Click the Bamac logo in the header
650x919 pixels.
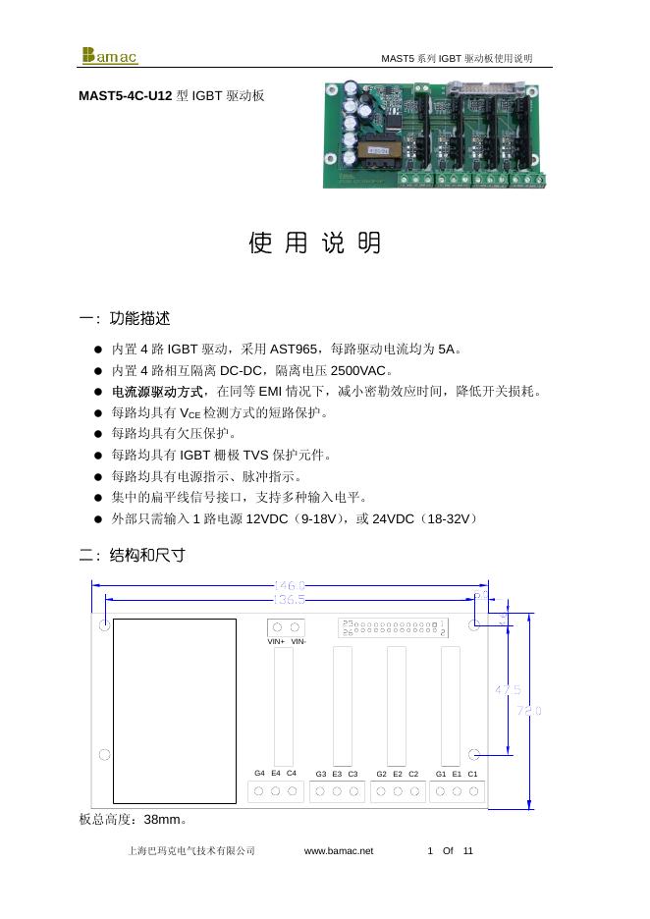click(x=110, y=55)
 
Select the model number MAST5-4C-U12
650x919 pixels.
click(x=126, y=96)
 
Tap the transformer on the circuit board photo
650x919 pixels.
click(x=376, y=151)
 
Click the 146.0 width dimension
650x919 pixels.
click(x=289, y=585)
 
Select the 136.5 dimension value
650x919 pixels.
click(x=289, y=598)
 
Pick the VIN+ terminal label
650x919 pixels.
click(x=276, y=642)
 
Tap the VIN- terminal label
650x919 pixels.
click(x=298, y=642)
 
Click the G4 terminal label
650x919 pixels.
click(x=259, y=773)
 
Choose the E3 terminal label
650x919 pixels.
click(x=337, y=774)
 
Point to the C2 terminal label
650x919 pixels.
click(x=413, y=774)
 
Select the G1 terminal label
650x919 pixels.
click(x=441, y=774)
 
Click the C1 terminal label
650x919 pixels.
click(x=472, y=774)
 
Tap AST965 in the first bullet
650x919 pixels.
click(x=294, y=349)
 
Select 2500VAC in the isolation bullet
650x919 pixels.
click(x=359, y=371)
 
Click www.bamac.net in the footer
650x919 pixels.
click(x=339, y=850)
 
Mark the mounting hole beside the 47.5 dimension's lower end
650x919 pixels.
click(x=473, y=753)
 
